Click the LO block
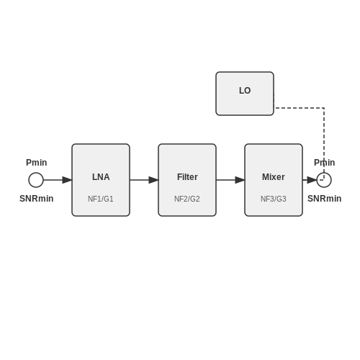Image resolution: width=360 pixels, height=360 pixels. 245,94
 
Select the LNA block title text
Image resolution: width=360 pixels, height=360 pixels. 101,177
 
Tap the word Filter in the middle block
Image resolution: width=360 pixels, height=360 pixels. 187,177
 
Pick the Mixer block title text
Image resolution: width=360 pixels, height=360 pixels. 274,177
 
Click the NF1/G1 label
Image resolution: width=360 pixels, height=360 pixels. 101,199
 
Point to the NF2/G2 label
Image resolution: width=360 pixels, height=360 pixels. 187,199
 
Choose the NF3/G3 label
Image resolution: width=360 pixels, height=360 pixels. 274,199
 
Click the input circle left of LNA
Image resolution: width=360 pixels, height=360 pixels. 36,173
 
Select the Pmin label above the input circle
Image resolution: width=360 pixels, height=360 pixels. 37,163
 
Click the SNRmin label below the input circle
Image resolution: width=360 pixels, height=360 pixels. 37,199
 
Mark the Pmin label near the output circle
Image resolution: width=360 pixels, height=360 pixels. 325,163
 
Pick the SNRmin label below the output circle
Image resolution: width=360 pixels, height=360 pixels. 325,199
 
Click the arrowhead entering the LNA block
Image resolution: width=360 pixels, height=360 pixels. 67,180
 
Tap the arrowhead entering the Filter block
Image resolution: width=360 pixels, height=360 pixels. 153,180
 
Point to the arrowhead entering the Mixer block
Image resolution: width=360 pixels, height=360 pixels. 240,180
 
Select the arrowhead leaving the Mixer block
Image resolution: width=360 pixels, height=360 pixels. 312,180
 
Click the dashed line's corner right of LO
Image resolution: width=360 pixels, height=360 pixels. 324,108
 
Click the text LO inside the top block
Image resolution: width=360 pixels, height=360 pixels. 245,91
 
